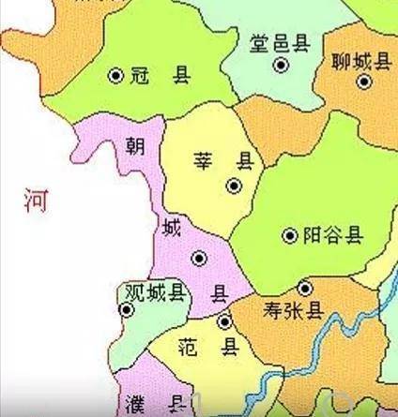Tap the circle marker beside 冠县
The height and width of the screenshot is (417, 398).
click(116, 75)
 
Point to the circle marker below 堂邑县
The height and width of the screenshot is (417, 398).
click(280, 65)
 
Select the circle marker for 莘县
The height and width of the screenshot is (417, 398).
click(234, 186)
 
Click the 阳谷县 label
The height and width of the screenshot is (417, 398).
click(333, 236)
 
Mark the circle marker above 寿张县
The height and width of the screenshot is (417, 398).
click(304, 288)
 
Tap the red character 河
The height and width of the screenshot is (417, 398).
click(37, 200)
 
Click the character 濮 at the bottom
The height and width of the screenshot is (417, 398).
click(135, 405)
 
